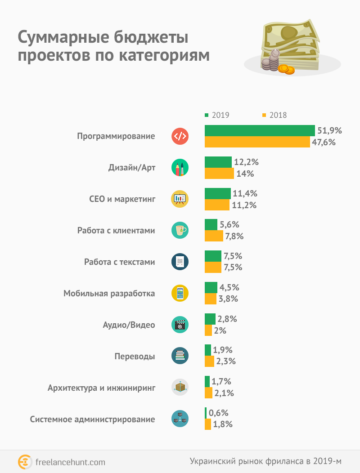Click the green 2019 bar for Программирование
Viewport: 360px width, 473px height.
(260, 130)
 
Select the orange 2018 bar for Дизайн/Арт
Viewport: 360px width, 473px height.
(219, 174)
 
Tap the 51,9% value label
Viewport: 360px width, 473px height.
(330, 131)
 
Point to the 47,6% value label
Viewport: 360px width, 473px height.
(324, 142)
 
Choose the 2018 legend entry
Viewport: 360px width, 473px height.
(274, 115)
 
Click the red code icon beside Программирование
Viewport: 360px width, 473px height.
(180, 136)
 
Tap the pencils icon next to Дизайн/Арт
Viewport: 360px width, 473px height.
(180, 167)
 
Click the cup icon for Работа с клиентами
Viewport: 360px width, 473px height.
(180, 230)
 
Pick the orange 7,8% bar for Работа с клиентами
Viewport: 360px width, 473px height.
(214, 236)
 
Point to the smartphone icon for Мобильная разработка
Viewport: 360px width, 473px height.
(180, 293)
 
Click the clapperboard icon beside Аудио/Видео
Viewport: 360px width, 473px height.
(180, 325)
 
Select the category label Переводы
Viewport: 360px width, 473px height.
(135, 356)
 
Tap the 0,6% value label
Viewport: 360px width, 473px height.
(219, 413)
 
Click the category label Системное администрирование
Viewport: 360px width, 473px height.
(93, 419)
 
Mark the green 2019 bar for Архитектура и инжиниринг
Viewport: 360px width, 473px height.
(207, 382)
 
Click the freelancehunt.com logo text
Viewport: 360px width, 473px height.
(70, 462)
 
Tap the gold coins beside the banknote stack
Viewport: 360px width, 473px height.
(286, 69)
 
